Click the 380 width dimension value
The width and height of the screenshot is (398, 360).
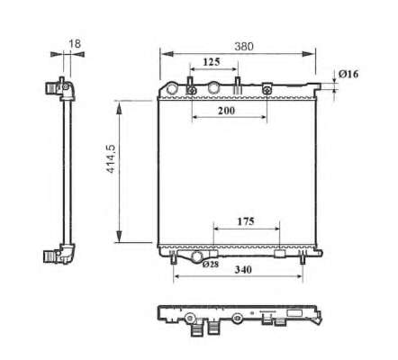[244, 47]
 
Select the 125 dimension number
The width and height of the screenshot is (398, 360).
[212, 62]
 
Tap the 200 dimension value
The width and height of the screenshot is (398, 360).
[226, 111]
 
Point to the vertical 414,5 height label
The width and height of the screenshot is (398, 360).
[111, 158]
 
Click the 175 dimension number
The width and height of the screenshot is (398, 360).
[246, 221]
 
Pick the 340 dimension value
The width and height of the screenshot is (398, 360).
[243, 270]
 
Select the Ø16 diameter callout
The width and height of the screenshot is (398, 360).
[348, 74]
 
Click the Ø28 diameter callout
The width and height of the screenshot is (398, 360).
[211, 265]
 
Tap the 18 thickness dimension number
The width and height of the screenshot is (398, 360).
[75, 44]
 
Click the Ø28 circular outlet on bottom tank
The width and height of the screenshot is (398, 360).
[197, 256]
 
